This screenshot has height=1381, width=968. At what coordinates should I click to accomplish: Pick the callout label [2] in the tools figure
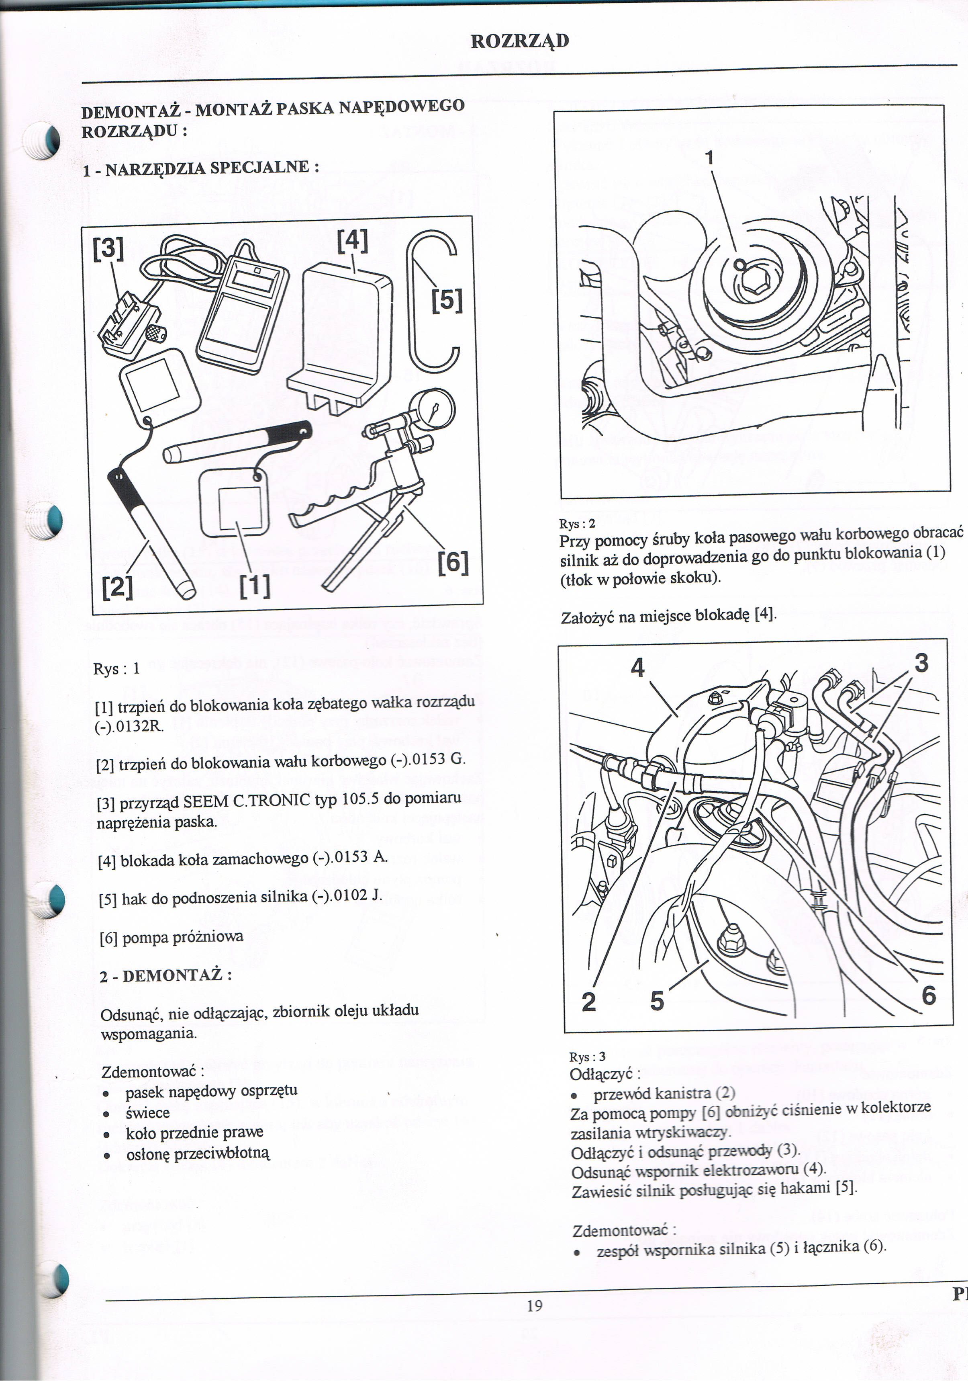[x=117, y=586]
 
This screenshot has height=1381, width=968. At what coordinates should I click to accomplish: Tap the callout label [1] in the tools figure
[x=255, y=585]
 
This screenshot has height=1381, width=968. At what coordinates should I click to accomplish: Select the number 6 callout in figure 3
[x=929, y=996]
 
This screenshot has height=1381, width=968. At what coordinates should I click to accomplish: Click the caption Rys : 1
[x=116, y=669]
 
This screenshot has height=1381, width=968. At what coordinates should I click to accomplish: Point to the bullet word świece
[x=148, y=1113]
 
